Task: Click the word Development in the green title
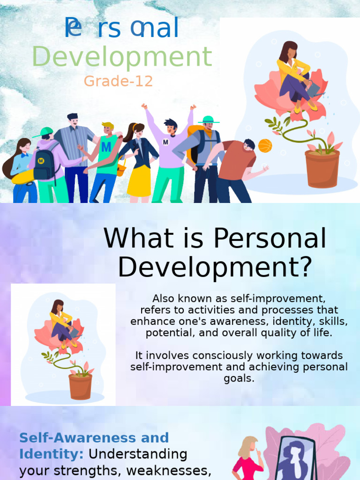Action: (x=122, y=58)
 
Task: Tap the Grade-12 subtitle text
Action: (x=118, y=81)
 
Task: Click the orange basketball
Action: (x=265, y=146)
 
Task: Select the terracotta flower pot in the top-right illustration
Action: (x=322, y=168)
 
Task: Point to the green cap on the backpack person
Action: (x=44, y=132)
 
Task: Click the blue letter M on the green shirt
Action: (x=106, y=147)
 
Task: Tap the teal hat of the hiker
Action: (x=208, y=120)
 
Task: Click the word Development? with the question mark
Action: (x=215, y=267)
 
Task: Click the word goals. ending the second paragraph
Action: (x=239, y=378)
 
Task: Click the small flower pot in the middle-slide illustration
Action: (x=80, y=386)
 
